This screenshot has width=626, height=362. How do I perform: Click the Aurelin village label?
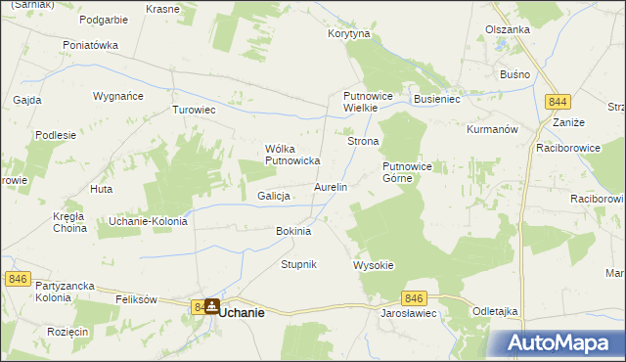click(330, 187)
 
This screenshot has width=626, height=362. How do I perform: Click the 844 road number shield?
click(559, 102)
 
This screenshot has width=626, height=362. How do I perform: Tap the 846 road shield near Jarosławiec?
click(415, 298)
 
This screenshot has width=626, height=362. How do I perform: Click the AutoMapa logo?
click(555, 343)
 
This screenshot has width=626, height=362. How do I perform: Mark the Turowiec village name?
click(194, 110)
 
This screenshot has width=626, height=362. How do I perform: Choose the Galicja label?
click(275, 196)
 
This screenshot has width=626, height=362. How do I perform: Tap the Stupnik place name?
click(299, 265)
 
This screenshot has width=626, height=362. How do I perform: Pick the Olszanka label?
click(508, 29)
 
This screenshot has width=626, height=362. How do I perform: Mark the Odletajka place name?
click(494, 311)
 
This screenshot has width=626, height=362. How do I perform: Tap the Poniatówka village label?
click(90, 45)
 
